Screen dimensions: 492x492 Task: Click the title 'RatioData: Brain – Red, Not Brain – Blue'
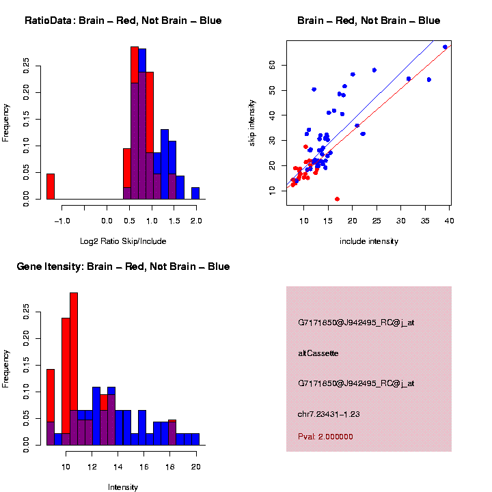coord(123,20)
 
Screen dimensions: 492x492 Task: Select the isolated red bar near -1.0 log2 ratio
coord(51,186)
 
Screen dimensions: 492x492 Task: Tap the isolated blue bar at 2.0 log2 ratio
coord(195,193)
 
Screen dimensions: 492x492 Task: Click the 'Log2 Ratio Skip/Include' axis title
coord(123,241)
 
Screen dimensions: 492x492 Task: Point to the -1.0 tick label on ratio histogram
coord(62,221)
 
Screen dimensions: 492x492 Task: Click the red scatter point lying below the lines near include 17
coord(337,199)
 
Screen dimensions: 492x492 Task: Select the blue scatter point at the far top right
coord(445,47)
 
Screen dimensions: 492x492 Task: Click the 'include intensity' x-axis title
coord(369,241)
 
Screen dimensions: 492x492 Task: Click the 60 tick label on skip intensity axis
coord(271,65)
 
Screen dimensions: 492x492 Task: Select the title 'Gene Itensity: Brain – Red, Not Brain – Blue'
coord(123,266)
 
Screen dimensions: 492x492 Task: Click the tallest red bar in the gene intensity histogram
coord(74,369)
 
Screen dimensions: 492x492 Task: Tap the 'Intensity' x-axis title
coord(123,487)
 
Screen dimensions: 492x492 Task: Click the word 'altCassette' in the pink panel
coord(318,353)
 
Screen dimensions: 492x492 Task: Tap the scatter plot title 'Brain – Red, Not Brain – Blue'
coord(369,20)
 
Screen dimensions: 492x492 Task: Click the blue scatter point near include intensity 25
coord(374,70)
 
